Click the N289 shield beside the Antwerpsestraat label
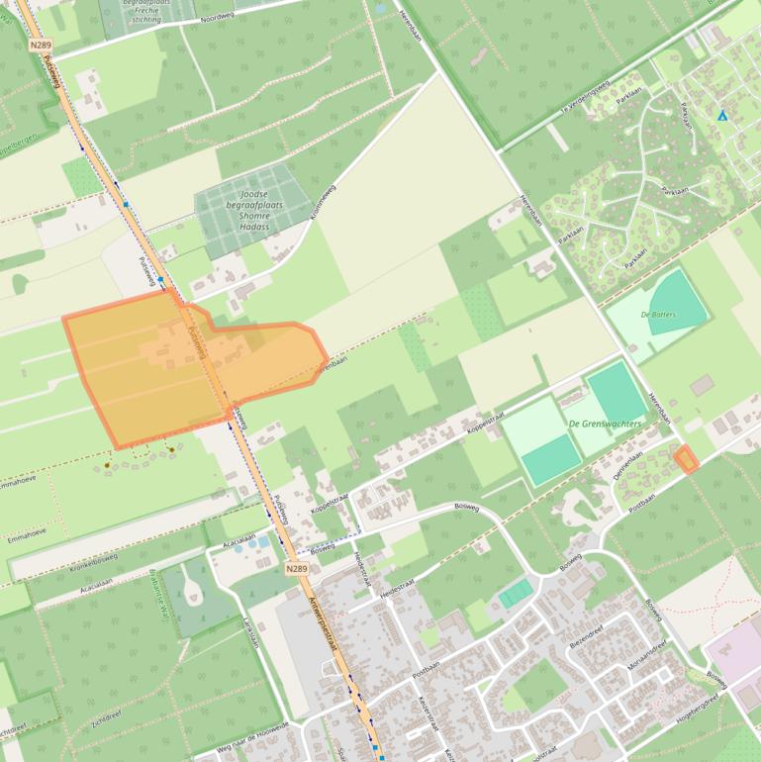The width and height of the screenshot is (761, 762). (x=296, y=569)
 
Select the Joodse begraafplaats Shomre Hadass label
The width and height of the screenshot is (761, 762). (x=255, y=210)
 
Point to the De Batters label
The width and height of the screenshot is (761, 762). (x=658, y=314)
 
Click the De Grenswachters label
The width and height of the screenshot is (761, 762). (x=605, y=424)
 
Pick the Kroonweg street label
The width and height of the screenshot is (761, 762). (x=324, y=201)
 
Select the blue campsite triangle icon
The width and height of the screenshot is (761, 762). (x=721, y=116)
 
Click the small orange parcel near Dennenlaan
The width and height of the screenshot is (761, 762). (x=685, y=458)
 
